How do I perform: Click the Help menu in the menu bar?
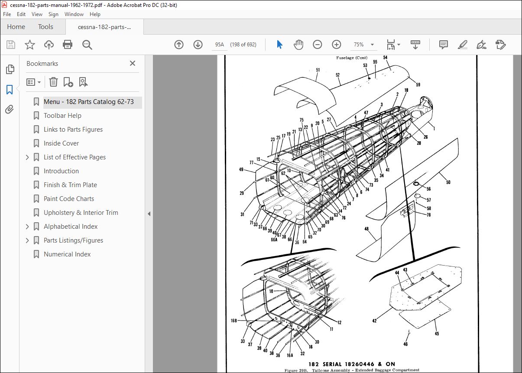(95, 14)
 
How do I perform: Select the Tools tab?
(45, 27)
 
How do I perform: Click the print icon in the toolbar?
(68, 45)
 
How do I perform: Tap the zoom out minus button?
(317, 45)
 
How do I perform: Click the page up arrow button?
(179, 45)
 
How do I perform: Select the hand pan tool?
(298, 45)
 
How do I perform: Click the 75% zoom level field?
(359, 45)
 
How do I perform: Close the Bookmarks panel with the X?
(133, 63)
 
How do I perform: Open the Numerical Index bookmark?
(67, 254)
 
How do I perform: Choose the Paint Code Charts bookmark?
(69, 199)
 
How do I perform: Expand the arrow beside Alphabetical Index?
(27, 227)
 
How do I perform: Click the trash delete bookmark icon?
(53, 82)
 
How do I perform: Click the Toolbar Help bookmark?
(62, 116)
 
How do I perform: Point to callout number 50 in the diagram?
(448, 182)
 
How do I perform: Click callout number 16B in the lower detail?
(234, 321)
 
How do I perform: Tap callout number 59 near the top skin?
(418, 85)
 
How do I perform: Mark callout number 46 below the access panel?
(405, 344)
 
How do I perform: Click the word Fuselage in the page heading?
(345, 58)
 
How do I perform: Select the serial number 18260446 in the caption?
(360, 364)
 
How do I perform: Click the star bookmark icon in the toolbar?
(30, 45)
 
